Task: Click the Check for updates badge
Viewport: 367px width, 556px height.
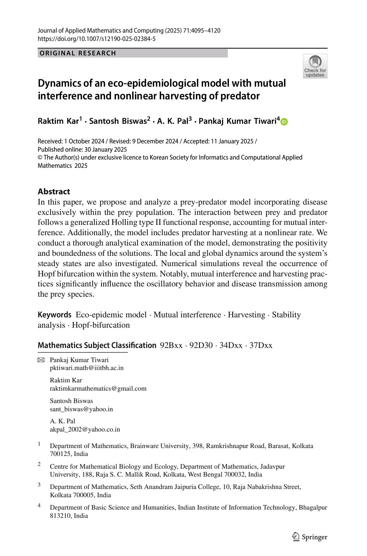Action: click(315, 66)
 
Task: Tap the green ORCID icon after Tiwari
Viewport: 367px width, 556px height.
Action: click(284, 122)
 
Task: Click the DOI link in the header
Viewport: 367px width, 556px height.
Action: click(96, 39)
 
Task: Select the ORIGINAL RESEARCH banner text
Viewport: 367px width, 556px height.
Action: click(78, 53)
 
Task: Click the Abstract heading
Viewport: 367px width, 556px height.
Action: click(54, 192)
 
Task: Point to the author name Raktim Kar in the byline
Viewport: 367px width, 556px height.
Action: click(59, 121)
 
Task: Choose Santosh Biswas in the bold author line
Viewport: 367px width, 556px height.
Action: click(118, 121)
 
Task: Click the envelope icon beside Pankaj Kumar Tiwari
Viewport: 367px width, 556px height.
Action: click(41, 360)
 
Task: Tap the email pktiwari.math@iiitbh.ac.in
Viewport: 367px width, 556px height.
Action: click(87, 368)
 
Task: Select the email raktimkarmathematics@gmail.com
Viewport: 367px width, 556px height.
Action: click(98, 389)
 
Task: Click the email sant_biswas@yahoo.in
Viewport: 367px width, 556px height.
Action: click(81, 409)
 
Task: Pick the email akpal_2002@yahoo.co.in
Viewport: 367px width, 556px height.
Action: click(85, 429)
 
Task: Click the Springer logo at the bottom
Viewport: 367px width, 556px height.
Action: click(310, 537)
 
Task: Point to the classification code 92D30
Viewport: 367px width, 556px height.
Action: click(201, 345)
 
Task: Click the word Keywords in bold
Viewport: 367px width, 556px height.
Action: click(54, 315)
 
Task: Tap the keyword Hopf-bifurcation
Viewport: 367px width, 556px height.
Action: click(101, 325)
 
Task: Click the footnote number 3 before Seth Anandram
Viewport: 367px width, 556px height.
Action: click(39, 485)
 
